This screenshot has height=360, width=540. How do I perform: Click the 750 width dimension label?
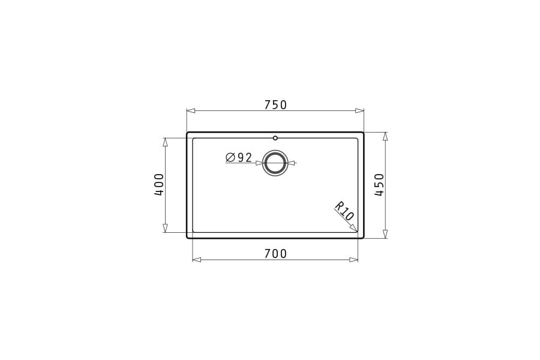[x=275, y=105]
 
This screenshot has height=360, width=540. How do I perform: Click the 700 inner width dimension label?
[x=275, y=254]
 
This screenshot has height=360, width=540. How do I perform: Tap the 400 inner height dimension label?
[x=159, y=185]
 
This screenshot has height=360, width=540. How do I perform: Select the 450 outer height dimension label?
[x=379, y=185]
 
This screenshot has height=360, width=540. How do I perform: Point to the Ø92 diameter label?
[x=239, y=158]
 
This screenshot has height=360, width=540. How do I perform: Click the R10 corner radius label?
[x=345, y=211]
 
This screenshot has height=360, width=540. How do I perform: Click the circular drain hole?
[x=275, y=163]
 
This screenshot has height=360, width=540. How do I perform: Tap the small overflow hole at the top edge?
[x=275, y=138]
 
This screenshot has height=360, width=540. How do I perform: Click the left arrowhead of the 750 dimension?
[x=191, y=111]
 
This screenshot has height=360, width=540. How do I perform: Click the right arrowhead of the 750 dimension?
[x=359, y=111]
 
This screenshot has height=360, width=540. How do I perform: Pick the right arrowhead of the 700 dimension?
[x=353, y=260]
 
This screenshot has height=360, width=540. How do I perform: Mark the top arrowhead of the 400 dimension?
[x=165, y=142]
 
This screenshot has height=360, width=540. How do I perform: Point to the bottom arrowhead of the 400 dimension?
[x=165, y=228]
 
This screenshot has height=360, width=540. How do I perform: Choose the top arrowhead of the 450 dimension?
[x=385, y=137]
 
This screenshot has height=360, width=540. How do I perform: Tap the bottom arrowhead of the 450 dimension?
[x=385, y=233]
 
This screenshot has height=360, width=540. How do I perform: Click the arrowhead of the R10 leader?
[x=353, y=227]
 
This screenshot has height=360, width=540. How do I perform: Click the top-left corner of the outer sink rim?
[x=188, y=133]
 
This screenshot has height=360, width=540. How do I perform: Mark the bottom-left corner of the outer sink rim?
[x=188, y=238]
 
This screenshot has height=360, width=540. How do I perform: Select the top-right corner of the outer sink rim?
[x=363, y=133]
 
